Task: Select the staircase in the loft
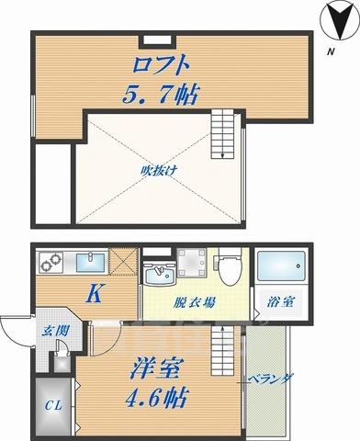tap(224, 132)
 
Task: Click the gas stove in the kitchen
tap(50, 263)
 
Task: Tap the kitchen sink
tap(89, 264)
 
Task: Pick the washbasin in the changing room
tap(161, 275)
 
